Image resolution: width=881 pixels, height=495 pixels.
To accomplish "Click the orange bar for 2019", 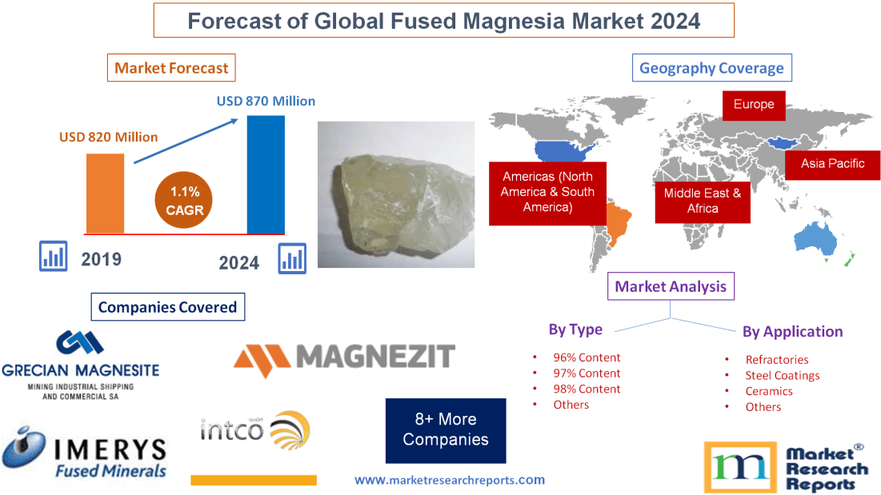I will point(106,192).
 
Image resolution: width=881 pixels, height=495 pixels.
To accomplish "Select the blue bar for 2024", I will point(266,174).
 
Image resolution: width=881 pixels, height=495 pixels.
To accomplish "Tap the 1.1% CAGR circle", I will point(183,201).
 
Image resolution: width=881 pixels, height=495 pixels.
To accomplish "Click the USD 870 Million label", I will point(266,102).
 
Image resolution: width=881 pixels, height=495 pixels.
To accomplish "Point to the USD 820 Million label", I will point(109,137).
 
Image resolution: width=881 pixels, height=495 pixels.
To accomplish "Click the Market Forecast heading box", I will point(171,68).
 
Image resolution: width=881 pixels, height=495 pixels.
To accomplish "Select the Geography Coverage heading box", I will point(711,68).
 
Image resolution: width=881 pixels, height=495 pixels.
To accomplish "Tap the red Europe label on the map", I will point(754,105).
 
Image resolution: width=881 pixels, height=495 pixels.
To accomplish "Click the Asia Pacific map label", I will point(833,164).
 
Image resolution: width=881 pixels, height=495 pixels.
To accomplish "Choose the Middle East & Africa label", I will point(703,201).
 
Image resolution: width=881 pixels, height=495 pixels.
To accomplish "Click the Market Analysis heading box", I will point(671,286).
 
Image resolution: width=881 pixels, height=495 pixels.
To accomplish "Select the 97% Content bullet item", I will point(587,373).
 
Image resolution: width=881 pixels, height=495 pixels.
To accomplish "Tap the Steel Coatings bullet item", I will point(782,375).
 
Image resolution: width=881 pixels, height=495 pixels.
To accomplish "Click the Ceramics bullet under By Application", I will point(769,391).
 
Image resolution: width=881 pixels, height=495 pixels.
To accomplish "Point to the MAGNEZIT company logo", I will point(344,356).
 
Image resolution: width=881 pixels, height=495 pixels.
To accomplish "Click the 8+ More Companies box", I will point(446,430).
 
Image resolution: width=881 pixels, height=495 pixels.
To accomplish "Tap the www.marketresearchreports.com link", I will point(450,481).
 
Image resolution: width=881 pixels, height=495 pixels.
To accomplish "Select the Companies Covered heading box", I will point(167,307).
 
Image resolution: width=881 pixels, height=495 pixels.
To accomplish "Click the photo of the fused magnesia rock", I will point(395,194).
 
